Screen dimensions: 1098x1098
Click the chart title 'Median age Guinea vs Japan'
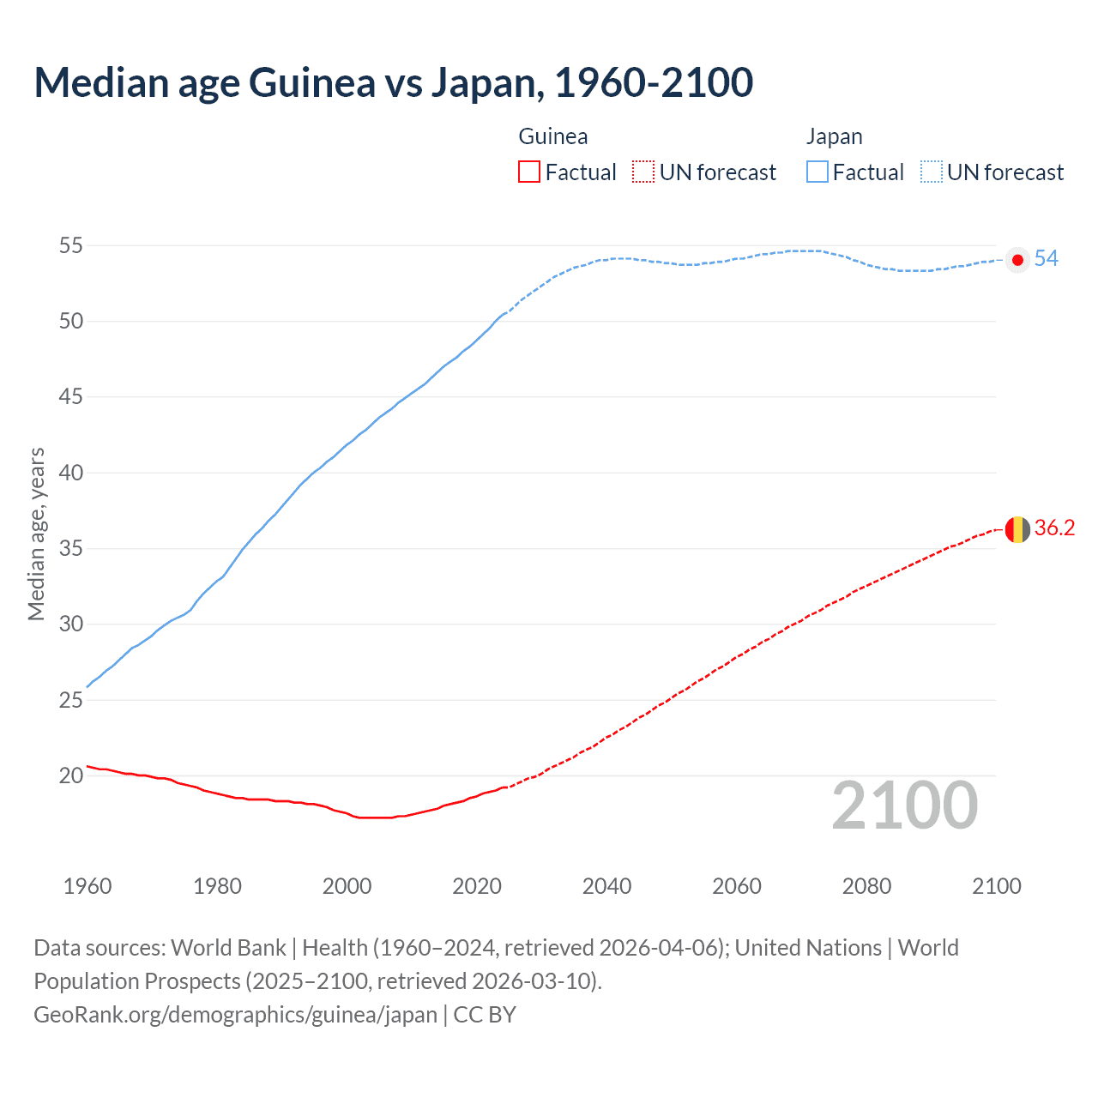[x=393, y=83]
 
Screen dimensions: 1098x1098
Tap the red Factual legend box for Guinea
[x=529, y=172]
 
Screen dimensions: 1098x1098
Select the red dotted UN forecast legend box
[x=643, y=172]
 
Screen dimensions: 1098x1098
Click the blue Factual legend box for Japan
[x=817, y=172]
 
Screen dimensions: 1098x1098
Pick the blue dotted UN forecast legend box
[x=931, y=172]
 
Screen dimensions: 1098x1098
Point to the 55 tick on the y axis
[x=71, y=245]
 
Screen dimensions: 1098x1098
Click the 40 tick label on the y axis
[x=71, y=473]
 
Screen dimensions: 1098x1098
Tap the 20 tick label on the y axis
[x=71, y=775]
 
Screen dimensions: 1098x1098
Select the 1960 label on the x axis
[x=87, y=886]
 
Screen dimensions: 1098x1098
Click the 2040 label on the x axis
[x=606, y=886]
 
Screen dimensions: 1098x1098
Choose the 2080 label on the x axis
[x=866, y=886]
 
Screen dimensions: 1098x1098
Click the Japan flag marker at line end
[x=1017, y=260]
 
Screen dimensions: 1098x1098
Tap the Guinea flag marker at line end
[x=1017, y=529]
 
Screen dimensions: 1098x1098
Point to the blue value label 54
[x=1046, y=259]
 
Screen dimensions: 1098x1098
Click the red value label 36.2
[x=1054, y=528]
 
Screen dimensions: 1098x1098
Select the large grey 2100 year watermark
[x=905, y=805]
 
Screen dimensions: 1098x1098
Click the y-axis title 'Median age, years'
[x=36, y=534]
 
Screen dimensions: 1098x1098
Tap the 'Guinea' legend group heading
[x=553, y=136]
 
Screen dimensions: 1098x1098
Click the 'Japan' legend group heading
[x=834, y=136]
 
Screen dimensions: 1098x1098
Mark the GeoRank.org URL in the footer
[x=236, y=1015]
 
